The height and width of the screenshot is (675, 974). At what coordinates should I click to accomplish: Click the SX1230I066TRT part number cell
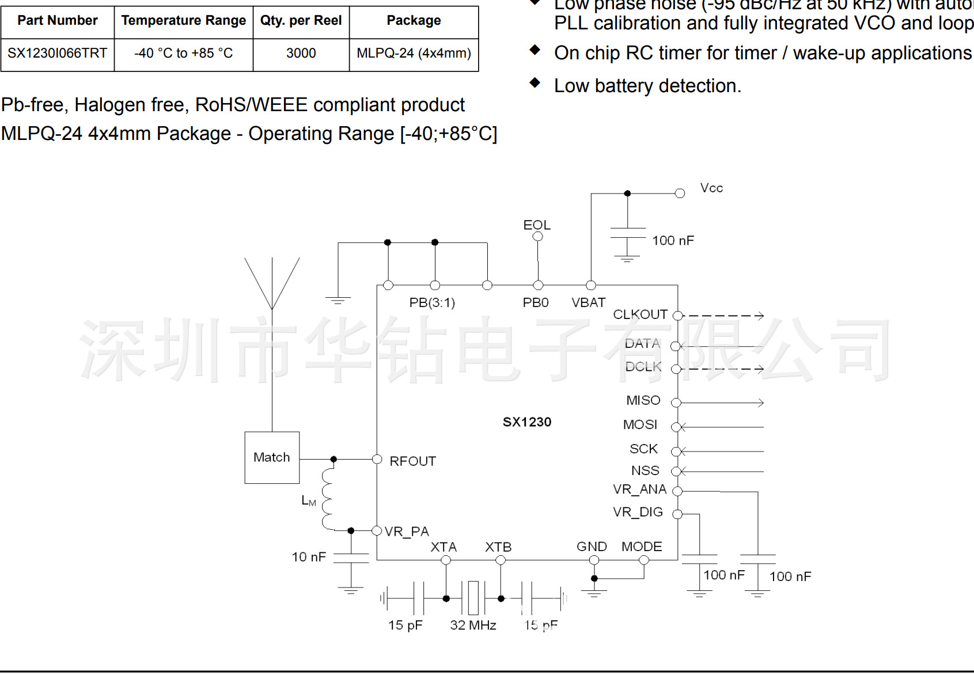[x=57, y=54]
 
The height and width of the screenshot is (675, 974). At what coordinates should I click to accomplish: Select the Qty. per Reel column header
[x=301, y=21]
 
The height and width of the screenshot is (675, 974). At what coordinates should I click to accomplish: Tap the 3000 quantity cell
[x=301, y=54]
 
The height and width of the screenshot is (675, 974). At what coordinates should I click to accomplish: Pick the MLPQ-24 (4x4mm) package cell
[x=414, y=54]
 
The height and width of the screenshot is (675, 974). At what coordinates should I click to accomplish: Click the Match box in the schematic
[x=272, y=457]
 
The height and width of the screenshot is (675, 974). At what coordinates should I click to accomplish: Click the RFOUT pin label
[x=412, y=461]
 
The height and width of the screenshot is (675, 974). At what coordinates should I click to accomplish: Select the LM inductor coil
[x=327, y=499]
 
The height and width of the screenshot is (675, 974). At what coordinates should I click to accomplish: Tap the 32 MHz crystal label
[x=473, y=625]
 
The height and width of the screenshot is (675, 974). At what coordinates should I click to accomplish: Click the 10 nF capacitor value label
[x=309, y=557]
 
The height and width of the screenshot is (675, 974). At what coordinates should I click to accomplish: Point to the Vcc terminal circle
[x=680, y=194]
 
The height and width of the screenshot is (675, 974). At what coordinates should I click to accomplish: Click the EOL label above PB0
[x=537, y=225]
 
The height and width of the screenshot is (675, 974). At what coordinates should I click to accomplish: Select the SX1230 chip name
[x=527, y=422]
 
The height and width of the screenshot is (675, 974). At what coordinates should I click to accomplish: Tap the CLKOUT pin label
[x=640, y=314]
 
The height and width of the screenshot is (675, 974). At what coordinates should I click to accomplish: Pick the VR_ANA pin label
[x=639, y=490]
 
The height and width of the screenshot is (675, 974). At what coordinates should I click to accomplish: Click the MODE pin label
[x=642, y=547]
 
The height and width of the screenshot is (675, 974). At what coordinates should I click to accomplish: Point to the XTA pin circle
[x=446, y=560]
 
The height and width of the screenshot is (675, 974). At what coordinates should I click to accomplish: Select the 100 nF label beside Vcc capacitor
[x=673, y=241]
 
